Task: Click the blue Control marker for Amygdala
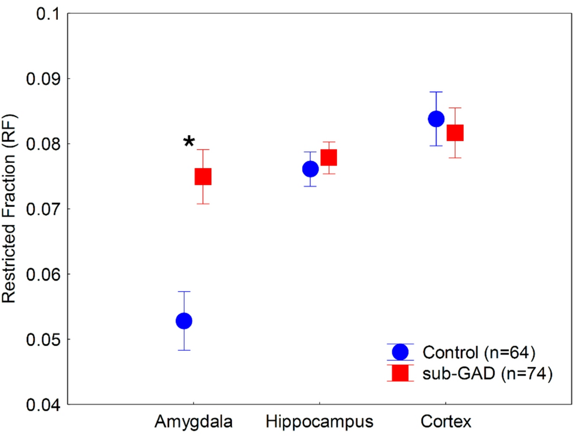pos(184,321)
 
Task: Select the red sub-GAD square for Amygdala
pos(203,176)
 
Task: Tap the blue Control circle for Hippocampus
pos(310,169)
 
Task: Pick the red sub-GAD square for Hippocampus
pos(329,158)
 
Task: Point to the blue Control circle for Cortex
pos(436,119)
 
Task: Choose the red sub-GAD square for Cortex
pos(455,133)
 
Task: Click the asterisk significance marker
pos(189,142)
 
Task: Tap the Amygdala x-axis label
pos(193,420)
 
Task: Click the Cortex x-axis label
pos(444,420)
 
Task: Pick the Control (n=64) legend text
pos(477,352)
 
